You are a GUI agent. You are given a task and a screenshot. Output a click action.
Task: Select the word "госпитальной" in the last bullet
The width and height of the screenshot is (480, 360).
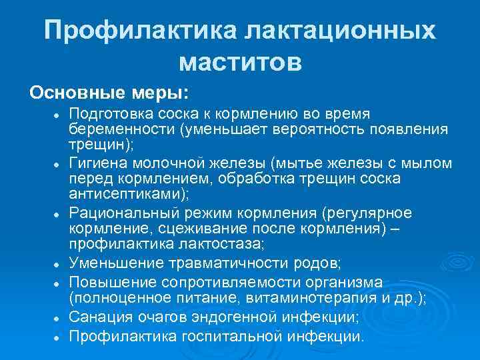pyautogui.click(x=236, y=335)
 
